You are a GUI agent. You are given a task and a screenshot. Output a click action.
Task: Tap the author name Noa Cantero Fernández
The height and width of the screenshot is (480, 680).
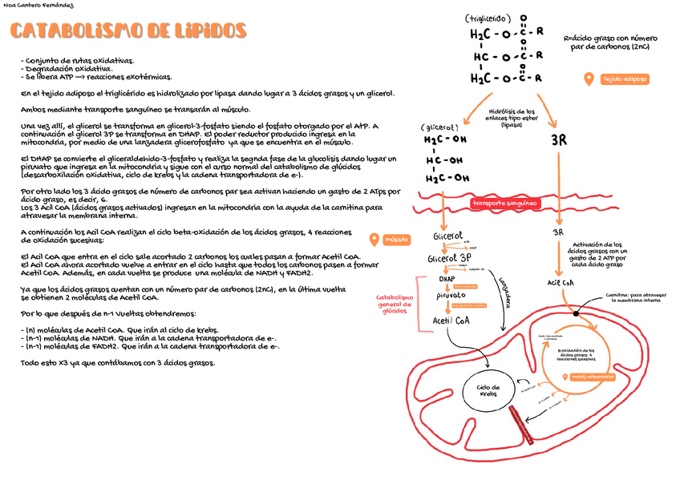(38, 6)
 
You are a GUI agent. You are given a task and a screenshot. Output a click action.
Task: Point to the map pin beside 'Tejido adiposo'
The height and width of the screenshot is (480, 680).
(589, 79)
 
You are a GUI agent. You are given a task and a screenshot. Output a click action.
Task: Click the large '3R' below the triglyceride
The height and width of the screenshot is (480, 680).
(559, 141)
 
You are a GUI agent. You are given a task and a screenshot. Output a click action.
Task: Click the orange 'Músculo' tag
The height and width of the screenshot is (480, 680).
(397, 240)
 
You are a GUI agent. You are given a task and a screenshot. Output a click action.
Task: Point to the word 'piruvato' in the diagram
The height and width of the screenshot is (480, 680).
(451, 296)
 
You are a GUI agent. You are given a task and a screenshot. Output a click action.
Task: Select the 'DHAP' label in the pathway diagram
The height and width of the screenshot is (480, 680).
(447, 279)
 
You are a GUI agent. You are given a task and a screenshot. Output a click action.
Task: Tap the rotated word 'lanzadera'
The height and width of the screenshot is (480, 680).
(504, 292)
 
